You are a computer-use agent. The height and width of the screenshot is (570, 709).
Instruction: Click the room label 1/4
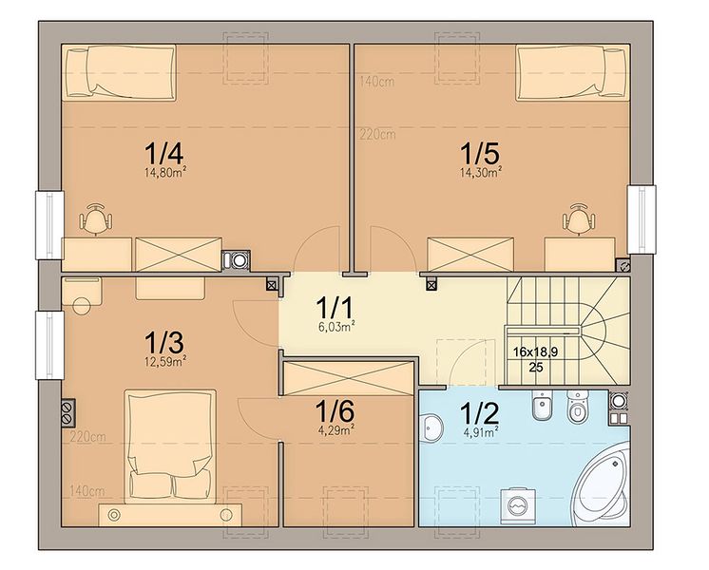(x=163, y=153)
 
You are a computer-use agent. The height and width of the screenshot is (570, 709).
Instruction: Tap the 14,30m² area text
(x=481, y=172)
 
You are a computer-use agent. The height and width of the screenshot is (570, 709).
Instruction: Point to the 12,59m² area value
(x=165, y=361)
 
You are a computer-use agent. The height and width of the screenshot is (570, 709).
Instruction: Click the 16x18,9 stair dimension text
(x=535, y=351)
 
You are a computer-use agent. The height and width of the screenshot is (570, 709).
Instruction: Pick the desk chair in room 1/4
(x=95, y=218)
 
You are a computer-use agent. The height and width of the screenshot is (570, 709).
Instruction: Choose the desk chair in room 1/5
(x=579, y=218)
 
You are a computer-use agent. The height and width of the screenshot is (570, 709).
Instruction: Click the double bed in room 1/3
(x=170, y=446)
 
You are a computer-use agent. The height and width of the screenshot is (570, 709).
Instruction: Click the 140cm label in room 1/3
(x=87, y=491)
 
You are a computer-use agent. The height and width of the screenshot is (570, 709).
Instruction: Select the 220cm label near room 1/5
(x=377, y=135)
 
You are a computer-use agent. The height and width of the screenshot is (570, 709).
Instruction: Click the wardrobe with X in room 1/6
(x=348, y=378)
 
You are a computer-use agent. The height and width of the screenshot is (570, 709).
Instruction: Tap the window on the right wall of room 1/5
(x=642, y=219)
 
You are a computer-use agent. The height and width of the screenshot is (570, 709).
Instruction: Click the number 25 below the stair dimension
(x=535, y=367)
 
